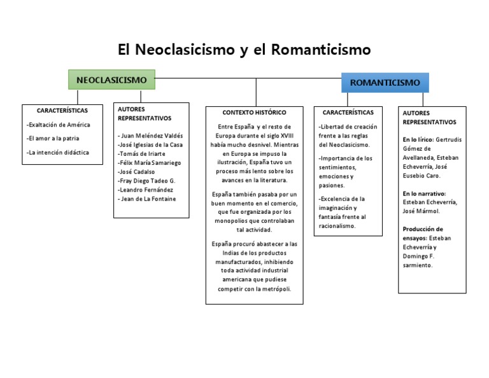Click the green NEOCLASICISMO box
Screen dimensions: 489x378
click(111, 80)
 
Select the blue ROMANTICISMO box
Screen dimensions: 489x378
click(385, 83)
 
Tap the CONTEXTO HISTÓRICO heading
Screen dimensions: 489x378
click(254, 112)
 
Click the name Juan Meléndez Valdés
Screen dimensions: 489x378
click(150, 136)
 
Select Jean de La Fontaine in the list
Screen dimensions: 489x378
click(146, 199)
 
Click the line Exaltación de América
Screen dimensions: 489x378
click(59, 125)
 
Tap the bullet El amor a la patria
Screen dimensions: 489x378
click(53, 138)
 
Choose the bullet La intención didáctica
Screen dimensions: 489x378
click(58, 152)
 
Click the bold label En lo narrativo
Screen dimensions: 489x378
click(424, 193)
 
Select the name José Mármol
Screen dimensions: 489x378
click(421, 211)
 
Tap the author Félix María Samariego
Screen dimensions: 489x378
click(150, 163)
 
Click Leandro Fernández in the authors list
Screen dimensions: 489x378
click(146, 190)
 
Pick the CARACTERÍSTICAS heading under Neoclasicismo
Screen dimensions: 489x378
click(62, 110)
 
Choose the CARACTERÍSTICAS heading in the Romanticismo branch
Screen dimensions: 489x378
click(348, 112)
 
